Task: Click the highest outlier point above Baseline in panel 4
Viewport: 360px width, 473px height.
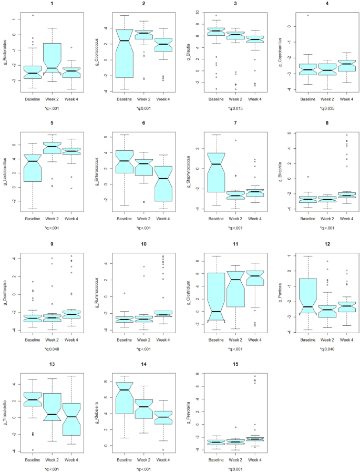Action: [x=307, y=15]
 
